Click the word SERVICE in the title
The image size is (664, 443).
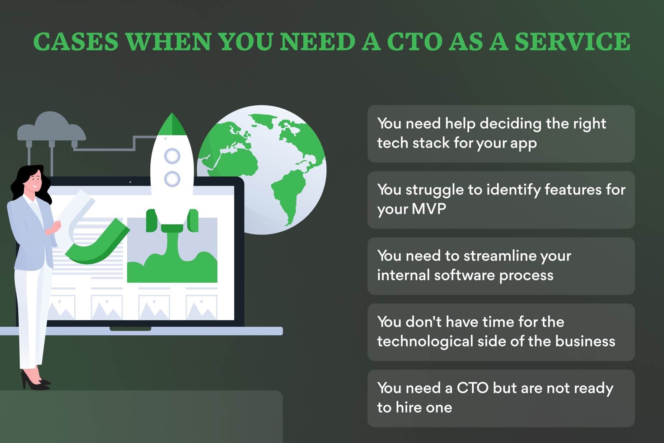pos(572,42)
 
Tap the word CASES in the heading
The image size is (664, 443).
pos(76,42)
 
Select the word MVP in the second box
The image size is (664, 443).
pos(429,209)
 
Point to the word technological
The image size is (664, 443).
pos(425,341)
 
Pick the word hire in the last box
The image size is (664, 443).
pos(408,407)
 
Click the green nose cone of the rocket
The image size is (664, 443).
pos(172,124)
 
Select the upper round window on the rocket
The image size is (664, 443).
pos(172,156)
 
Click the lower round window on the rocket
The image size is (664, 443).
pos(172,179)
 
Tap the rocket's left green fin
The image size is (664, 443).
pos(151,221)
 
